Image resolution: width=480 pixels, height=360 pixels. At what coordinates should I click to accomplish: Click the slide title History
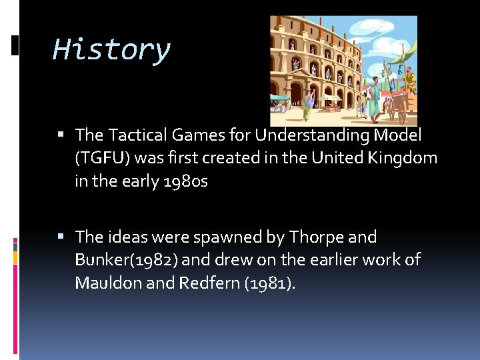coord(111,50)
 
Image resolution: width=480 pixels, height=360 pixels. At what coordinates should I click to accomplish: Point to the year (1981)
coord(270,283)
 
